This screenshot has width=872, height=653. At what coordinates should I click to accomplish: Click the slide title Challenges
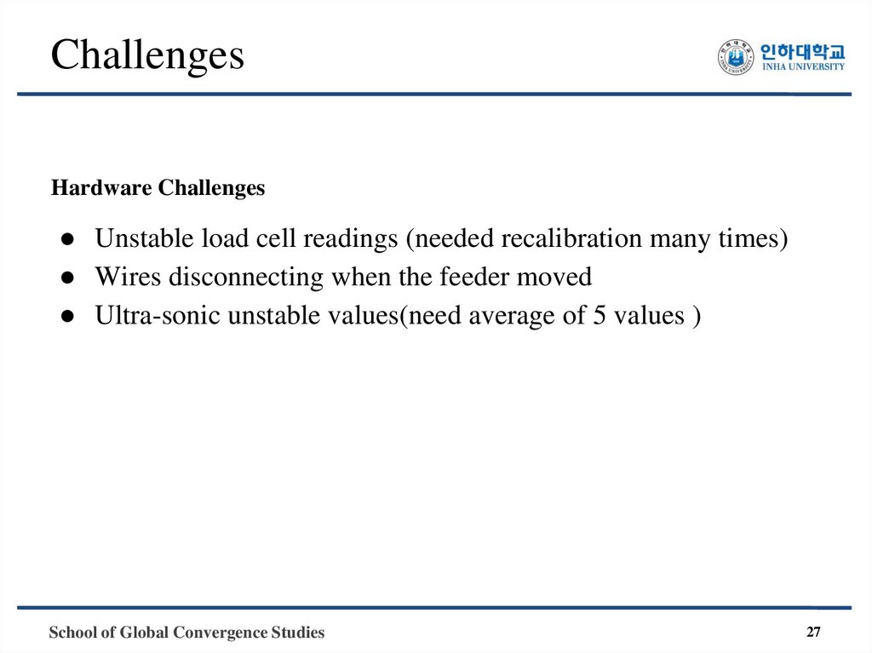coord(147,55)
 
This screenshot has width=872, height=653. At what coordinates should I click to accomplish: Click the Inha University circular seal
coord(735,56)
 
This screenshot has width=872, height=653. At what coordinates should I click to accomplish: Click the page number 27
coord(814,632)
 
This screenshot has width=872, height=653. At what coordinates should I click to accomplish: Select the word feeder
coord(477,278)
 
